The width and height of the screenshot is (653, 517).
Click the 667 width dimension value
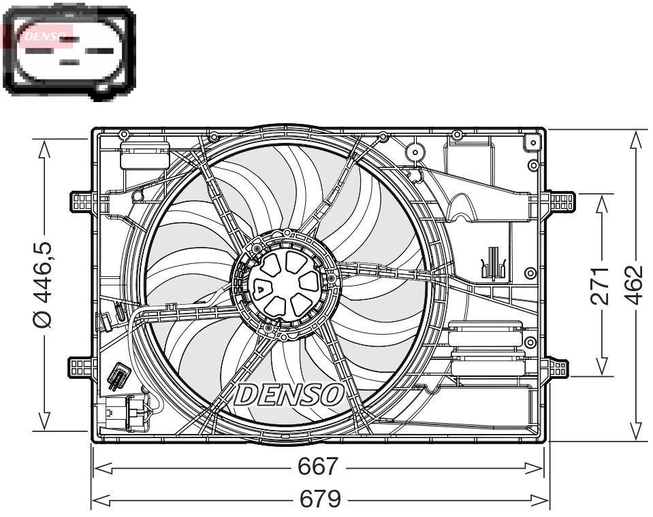(317, 467)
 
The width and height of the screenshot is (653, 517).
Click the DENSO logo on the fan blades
(289, 395)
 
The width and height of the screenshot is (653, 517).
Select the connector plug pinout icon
(69, 52)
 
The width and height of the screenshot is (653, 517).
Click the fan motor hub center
(285, 283)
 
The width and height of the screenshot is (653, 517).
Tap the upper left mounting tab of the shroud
(81, 202)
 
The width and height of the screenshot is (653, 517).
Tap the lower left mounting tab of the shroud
(80, 367)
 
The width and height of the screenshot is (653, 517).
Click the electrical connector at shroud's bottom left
(124, 413)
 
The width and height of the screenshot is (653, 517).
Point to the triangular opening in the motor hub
(262, 286)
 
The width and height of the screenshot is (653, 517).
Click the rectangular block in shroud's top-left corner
(145, 154)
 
